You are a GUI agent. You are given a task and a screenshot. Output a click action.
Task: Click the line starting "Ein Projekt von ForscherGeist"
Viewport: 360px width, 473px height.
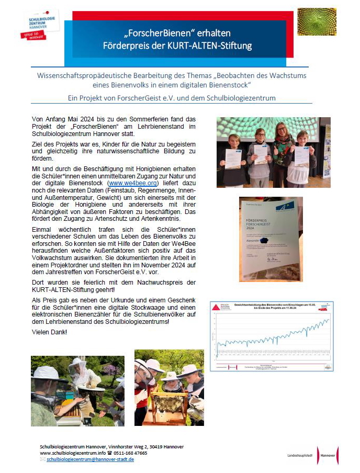click(x=171, y=98)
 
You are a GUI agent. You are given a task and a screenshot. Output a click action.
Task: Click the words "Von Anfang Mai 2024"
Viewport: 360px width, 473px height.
click(x=62, y=119)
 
